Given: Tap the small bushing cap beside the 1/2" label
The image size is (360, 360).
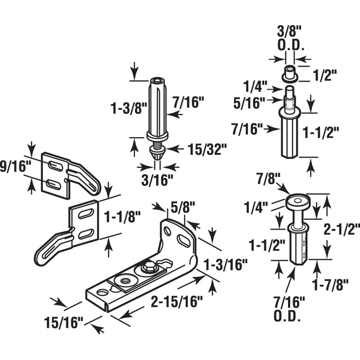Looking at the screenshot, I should pyautogui.click(x=290, y=72).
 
